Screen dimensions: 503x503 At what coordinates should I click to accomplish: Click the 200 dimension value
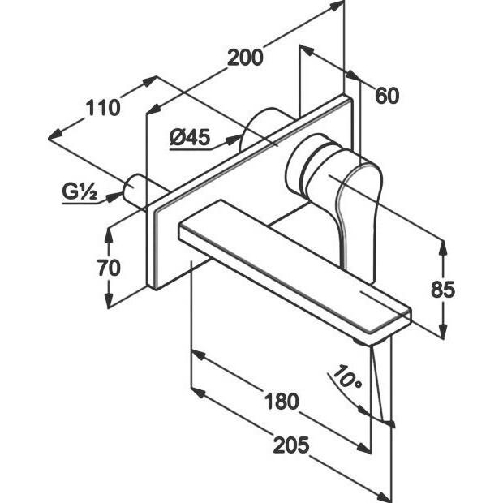click(244, 58)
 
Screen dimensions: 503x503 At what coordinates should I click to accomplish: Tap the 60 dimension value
click(387, 97)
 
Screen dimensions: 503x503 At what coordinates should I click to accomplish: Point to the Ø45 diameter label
click(191, 138)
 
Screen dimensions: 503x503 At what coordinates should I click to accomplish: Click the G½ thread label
click(80, 193)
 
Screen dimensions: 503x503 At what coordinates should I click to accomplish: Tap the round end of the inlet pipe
click(130, 191)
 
